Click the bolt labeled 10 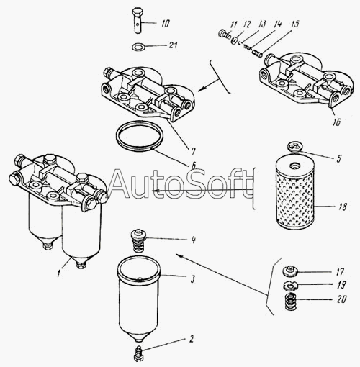point(138,21)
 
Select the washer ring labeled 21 point(138,46)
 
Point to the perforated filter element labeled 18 point(295,194)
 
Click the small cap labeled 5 point(294,147)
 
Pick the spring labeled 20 point(290,302)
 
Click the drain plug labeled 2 point(138,353)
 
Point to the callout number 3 point(193,279)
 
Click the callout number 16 point(336,122)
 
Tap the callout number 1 point(59,273)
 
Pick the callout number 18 point(343,207)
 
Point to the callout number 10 point(165,23)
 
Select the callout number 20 point(341,299)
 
